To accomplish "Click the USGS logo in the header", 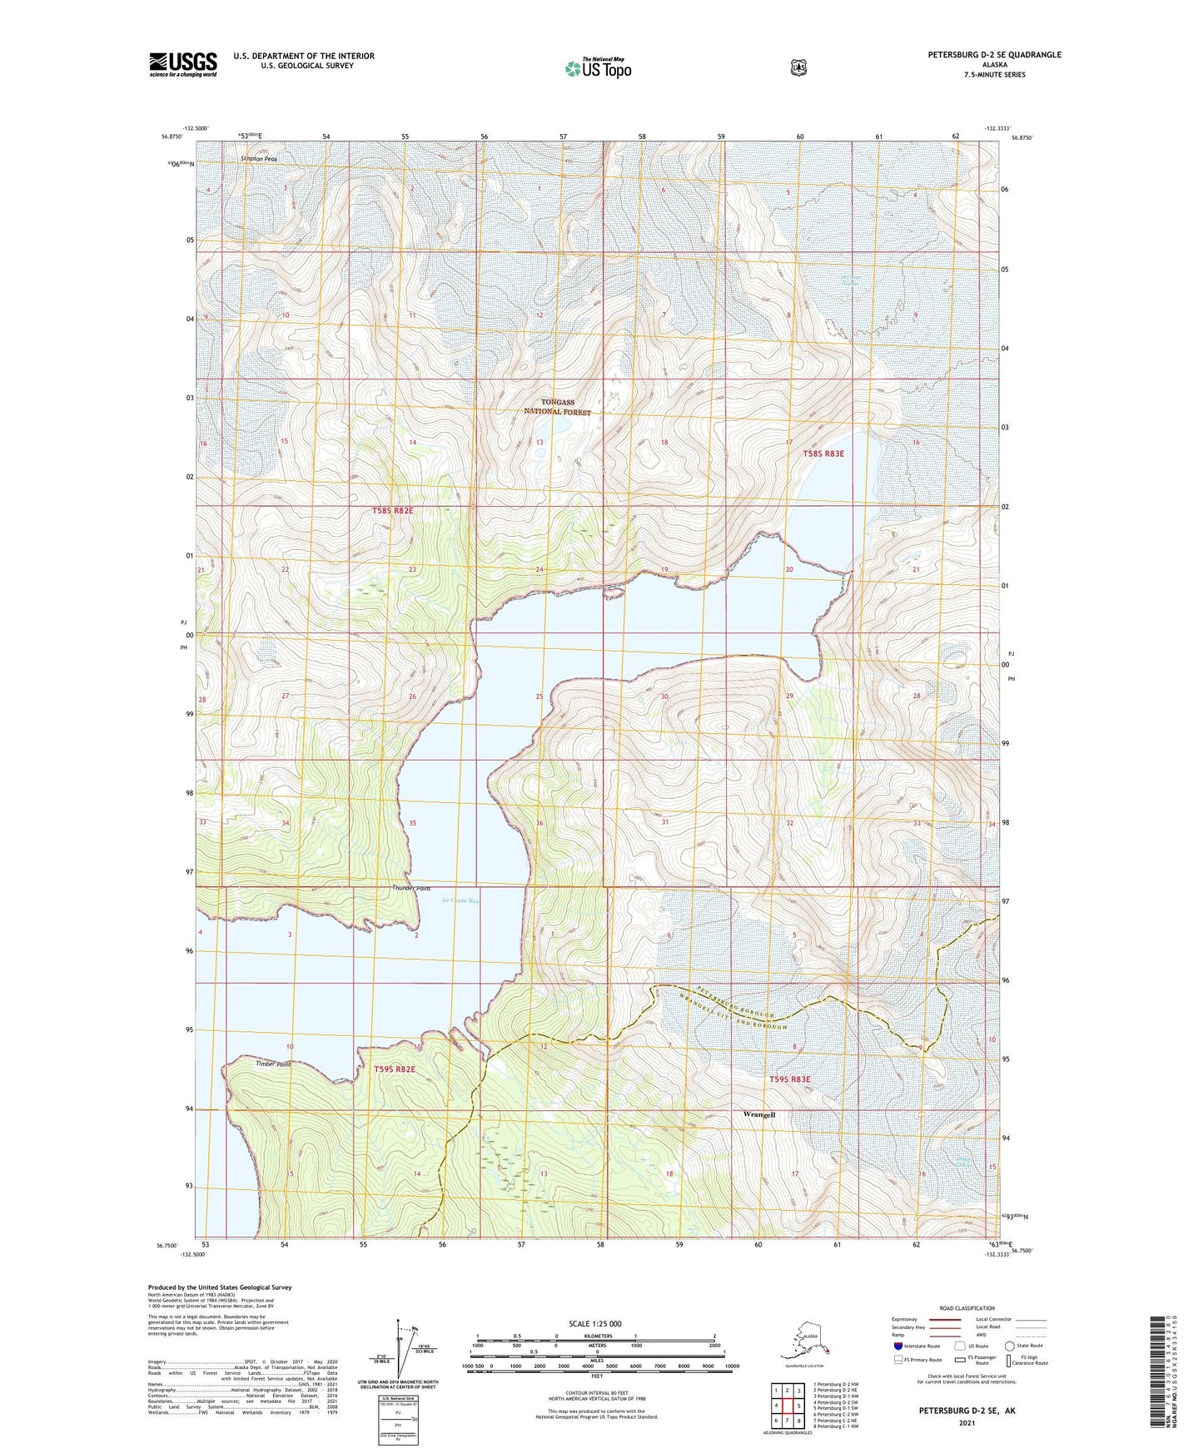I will tap(182, 64).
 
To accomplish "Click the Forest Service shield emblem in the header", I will tap(798, 67).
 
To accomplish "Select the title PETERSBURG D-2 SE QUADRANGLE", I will tap(994, 55).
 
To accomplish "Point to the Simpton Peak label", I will tap(259, 158).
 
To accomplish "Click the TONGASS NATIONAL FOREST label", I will tap(557, 407).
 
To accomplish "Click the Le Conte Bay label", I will tap(461, 900).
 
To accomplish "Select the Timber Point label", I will tap(272, 1064).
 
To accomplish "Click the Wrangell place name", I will tap(758, 1114).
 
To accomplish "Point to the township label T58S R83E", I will tap(823, 454).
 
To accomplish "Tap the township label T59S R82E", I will tap(394, 1069).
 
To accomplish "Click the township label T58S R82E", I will tap(392, 511).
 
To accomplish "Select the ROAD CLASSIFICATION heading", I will tap(967, 1308).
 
